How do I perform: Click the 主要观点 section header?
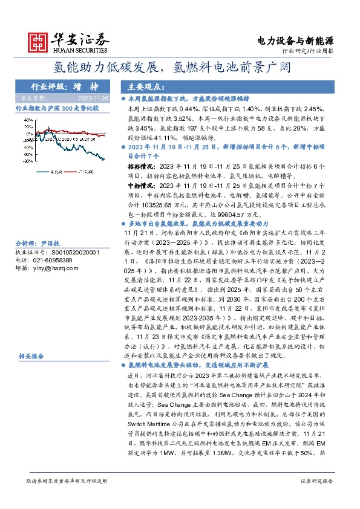[143, 86]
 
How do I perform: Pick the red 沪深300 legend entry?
[85, 171]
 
